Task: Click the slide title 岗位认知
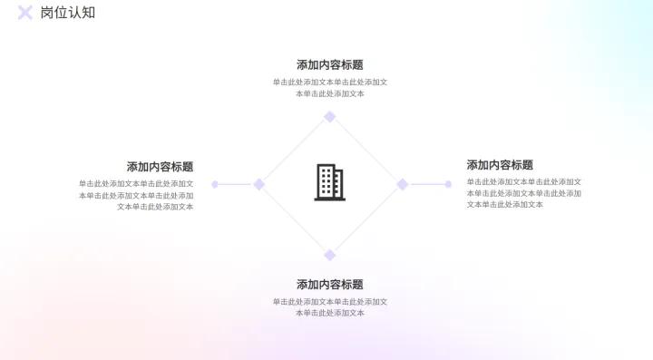(68, 13)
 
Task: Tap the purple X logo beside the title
(25, 13)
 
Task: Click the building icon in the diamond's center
(329, 182)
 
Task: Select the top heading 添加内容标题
(329, 65)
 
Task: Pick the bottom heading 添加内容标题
(329, 285)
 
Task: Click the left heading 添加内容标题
(160, 167)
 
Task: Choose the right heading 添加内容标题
(500, 165)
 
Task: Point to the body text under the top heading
(329, 88)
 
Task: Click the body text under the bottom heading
(329, 307)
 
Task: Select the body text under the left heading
(136, 195)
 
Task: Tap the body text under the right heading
(523, 193)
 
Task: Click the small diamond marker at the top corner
(330, 116)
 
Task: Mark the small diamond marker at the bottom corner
(330, 255)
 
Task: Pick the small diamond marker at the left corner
(258, 184)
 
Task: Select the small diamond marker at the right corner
(402, 184)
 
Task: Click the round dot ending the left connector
(215, 184)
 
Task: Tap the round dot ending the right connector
(448, 184)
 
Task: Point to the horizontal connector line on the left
(235, 184)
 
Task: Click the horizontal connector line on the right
(426, 184)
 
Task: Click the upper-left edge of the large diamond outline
(294, 151)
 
